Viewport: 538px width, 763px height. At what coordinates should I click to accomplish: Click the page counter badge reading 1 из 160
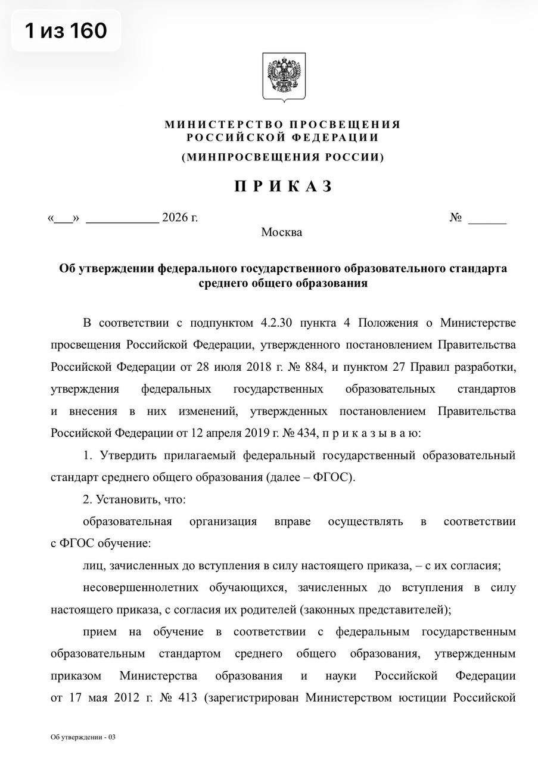coord(66,30)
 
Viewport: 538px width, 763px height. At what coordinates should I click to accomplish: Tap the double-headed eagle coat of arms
coord(284,76)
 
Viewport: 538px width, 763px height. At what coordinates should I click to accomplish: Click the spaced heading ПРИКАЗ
coord(283,187)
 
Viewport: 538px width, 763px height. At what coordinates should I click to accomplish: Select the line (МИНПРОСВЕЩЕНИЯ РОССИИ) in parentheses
coord(283,157)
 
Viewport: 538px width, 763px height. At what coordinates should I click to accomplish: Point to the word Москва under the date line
coord(281,232)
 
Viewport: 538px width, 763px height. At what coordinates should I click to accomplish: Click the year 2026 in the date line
coord(175,218)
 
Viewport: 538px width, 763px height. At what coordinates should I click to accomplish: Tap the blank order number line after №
coord(487,218)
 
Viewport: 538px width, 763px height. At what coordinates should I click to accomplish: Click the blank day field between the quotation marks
coord(63,218)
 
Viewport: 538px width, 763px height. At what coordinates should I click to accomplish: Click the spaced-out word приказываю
coord(372,433)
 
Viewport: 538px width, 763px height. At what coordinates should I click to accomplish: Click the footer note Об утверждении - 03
coord(83,737)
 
